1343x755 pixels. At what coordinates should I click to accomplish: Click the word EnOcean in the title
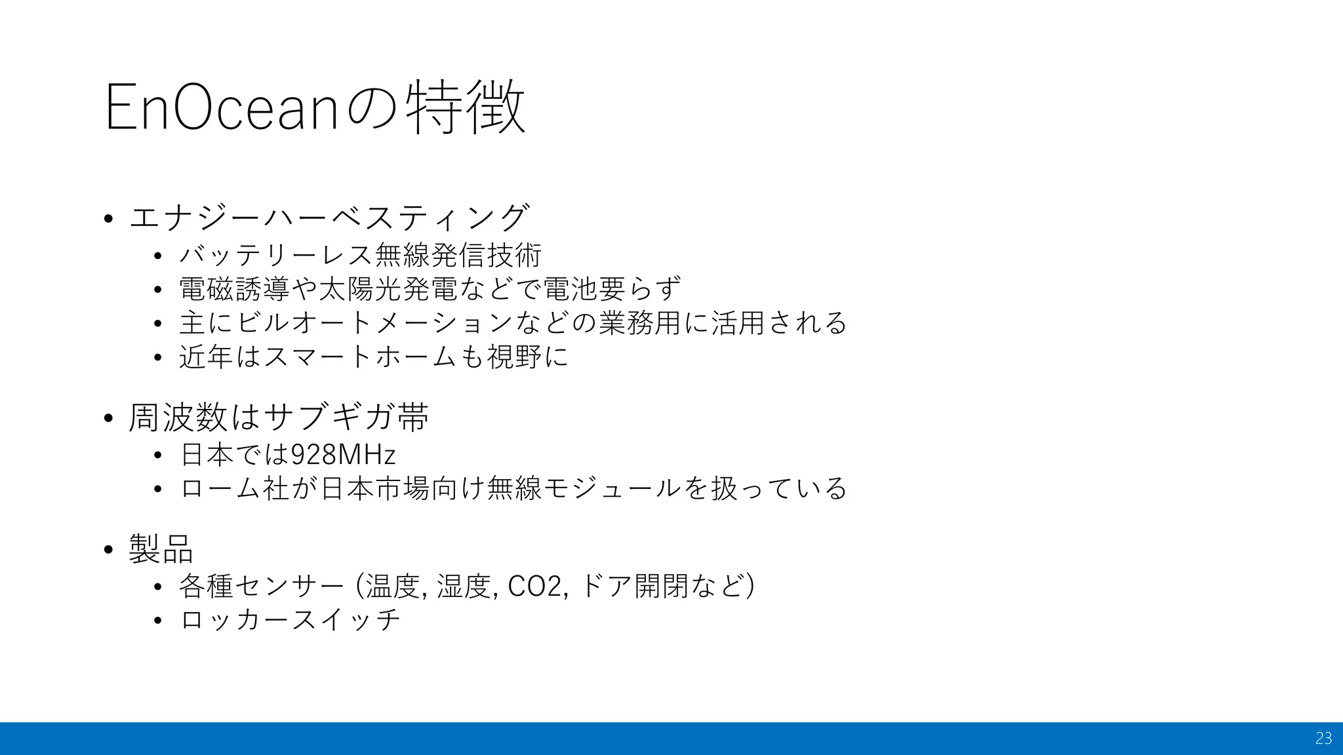click(220, 107)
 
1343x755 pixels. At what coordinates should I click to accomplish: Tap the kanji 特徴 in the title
click(465, 107)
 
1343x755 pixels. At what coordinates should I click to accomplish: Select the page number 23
click(1323, 739)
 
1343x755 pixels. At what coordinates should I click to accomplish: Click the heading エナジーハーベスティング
click(329, 217)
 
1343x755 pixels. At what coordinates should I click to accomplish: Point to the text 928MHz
click(343, 454)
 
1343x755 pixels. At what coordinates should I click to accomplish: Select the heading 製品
click(161, 549)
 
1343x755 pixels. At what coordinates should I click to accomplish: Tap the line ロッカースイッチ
click(289, 619)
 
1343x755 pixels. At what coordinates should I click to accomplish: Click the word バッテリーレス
click(276, 255)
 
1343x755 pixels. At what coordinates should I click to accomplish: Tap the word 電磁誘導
click(234, 288)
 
